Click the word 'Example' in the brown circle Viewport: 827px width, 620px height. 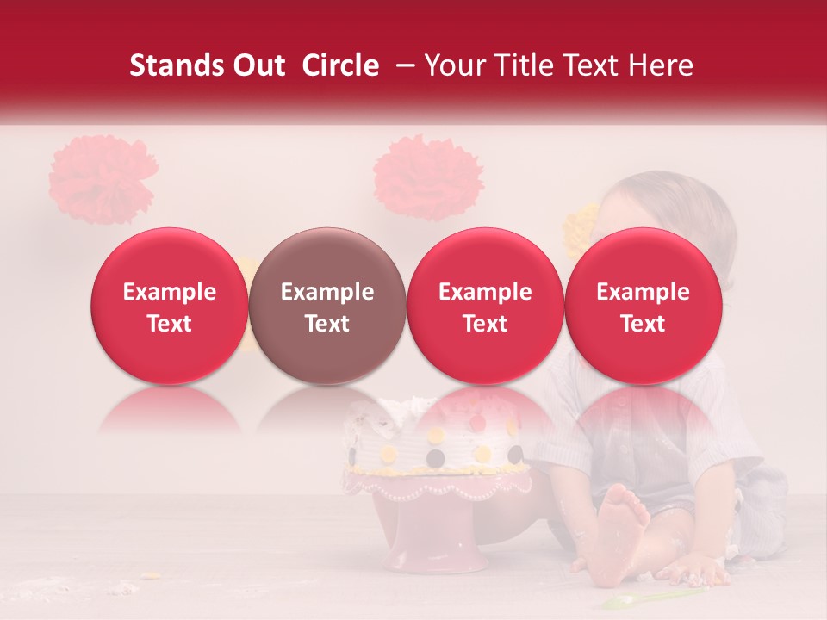[x=327, y=293]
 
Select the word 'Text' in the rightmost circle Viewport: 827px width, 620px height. [x=643, y=324]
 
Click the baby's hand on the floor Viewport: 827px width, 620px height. [x=700, y=568]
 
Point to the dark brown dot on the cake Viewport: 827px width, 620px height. [x=437, y=456]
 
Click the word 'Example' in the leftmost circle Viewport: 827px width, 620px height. [x=169, y=293]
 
